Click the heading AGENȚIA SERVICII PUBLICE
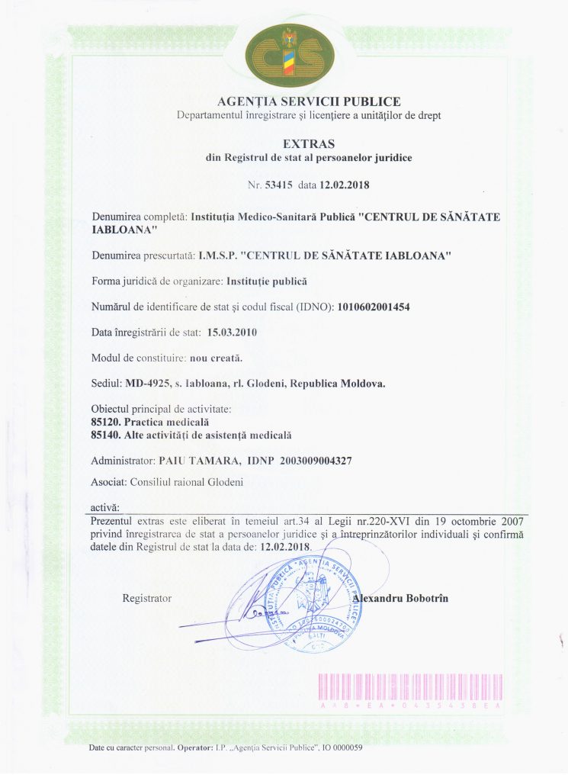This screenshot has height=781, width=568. click(309, 101)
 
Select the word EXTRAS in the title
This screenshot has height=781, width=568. click(309, 143)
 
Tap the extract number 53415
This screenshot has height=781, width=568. click(280, 185)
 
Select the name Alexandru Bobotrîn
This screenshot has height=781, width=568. click(400, 599)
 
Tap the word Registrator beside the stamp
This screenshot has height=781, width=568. click(146, 599)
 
